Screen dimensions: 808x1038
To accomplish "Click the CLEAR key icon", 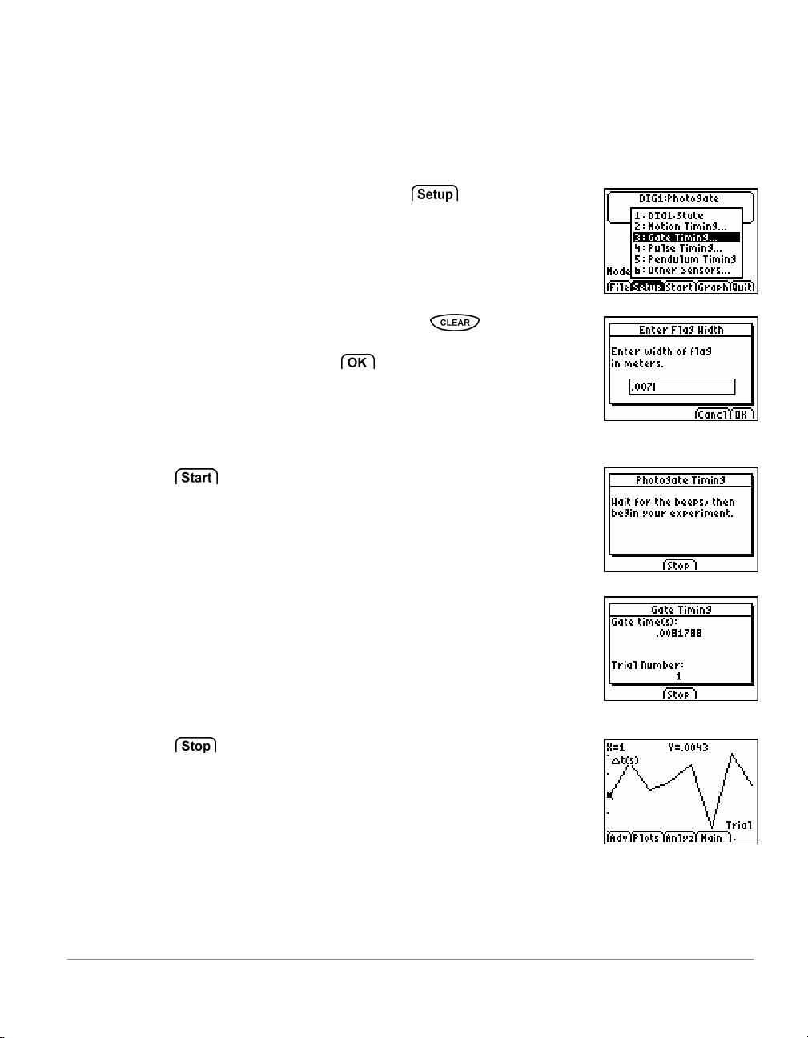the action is (x=455, y=323).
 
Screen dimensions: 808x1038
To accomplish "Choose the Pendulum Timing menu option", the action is (x=685, y=259).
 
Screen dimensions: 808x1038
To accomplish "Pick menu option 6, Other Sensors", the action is (x=682, y=271).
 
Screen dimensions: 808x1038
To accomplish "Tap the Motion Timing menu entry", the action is (x=681, y=226).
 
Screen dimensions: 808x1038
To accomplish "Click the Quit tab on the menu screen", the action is (x=742, y=287).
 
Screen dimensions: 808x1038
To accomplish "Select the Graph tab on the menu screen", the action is (x=712, y=287).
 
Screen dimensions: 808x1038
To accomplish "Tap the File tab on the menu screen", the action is (x=618, y=287).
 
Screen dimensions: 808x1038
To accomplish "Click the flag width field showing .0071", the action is (x=681, y=387).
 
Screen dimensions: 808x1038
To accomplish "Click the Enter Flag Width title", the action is (x=681, y=330).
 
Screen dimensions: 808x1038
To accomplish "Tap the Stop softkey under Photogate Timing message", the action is (x=680, y=566).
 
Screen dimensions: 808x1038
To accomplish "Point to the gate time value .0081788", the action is (x=678, y=633).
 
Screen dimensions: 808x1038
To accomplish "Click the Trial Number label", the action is (x=647, y=665).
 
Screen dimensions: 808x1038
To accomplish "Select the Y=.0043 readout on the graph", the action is (x=689, y=747).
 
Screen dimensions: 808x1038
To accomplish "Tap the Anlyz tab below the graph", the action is (x=679, y=838).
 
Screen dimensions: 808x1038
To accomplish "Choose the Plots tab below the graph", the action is (x=645, y=838).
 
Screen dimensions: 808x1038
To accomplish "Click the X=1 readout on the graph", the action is (x=615, y=747).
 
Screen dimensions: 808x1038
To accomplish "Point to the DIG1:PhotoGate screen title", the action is (x=679, y=198).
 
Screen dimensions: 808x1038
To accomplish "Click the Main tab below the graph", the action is (x=712, y=838).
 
